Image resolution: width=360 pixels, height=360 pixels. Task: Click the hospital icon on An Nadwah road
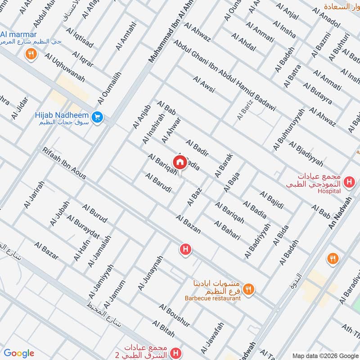pyautogui.click(x=348, y=182)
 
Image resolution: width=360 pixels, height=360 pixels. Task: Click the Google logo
pyautogui.click(x=19, y=353)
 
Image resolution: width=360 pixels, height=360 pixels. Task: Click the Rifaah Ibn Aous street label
pyautogui.click(x=64, y=163)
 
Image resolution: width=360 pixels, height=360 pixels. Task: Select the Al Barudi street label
pyautogui.click(x=158, y=183)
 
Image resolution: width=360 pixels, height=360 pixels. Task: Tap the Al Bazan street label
pyautogui.click(x=189, y=224)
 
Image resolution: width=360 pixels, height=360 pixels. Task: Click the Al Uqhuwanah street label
pyautogui.click(x=64, y=67)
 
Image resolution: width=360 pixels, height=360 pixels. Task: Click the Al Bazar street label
pyautogui.click(x=46, y=250)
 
